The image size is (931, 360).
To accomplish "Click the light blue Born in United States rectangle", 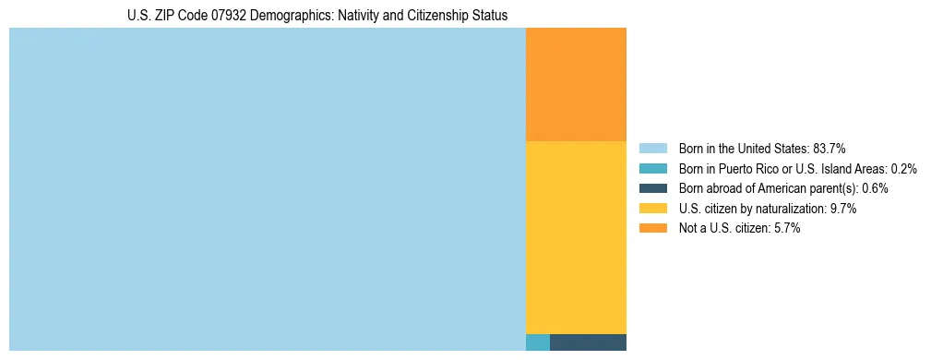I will click(267, 189).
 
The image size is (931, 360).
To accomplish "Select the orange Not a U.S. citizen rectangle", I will click(576, 84).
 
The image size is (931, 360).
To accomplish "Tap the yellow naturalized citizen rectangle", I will click(576, 237).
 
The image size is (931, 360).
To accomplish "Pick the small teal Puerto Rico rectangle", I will click(538, 342).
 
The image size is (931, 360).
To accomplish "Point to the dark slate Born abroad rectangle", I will click(588, 342).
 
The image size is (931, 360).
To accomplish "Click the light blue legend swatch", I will click(652, 149).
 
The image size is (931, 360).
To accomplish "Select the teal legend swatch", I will click(652, 169).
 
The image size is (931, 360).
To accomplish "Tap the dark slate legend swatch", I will click(652, 188).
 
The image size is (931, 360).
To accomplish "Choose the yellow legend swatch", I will click(652, 209).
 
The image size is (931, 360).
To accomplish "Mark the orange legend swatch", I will click(652, 229).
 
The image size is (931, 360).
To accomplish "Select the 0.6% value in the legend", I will click(875, 188).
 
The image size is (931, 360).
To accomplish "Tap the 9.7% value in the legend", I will click(843, 209).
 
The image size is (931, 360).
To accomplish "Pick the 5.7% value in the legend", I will click(786, 229).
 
